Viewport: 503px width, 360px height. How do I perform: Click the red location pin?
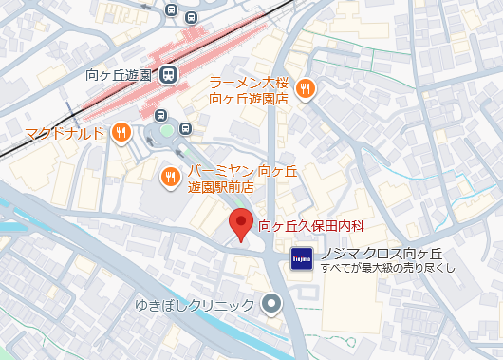241,224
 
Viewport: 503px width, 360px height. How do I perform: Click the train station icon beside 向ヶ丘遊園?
168,73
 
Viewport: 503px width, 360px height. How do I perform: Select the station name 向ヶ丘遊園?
119,74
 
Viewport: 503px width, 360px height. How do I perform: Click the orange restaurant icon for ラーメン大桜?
305,89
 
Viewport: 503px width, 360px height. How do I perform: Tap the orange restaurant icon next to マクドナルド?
121,132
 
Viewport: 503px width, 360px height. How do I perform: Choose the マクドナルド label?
63,132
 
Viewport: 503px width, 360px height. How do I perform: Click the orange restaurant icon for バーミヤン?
170,176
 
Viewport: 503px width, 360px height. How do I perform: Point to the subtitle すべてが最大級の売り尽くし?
388,268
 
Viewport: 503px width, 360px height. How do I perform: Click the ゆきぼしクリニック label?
196,305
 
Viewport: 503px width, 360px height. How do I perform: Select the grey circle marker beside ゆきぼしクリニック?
272,305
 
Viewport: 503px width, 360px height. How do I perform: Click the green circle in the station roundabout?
167,129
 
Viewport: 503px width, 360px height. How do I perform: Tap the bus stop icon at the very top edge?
171,9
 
